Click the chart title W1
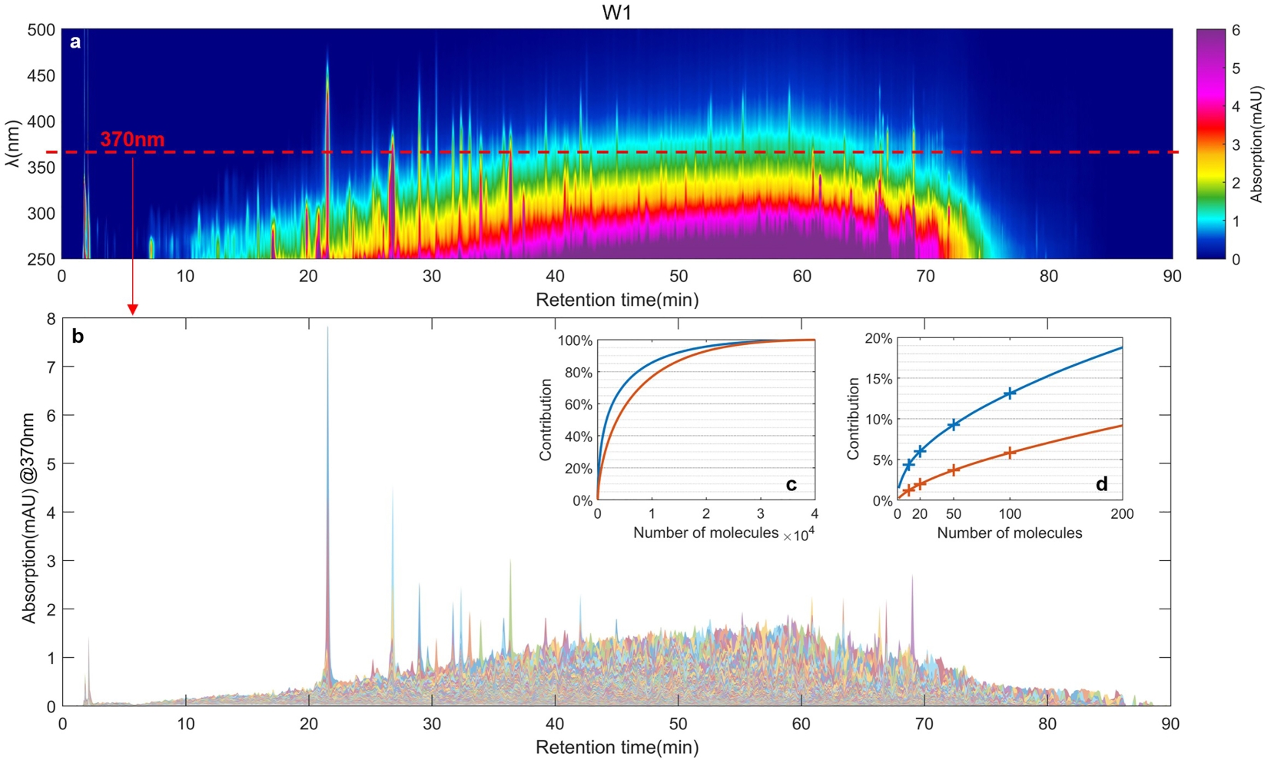pyautogui.click(x=617, y=13)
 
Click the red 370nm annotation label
pyautogui.click(x=132, y=139)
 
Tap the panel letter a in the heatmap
pyautogui.click(x=75, y=42)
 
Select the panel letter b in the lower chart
pyautogui.click(x=78, y=336)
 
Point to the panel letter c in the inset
pyautogui.click(x=791, y=484)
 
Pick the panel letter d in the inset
pyautogui.click(x=1101, y=484)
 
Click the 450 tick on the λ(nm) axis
pyautogui.click(x=41, y=75)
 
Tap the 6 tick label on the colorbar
pyautogui.click(x=1236, y=31)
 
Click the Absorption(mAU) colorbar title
pyautogui.click(x=1256, y=144)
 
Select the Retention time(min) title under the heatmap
pyautogui.click(x=617, y=300)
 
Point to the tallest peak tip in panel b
pyautogui.click(x=328, y=328)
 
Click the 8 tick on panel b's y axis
pyautogui.click(x=51, y=319)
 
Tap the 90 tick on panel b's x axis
pyautogui.click(x=1170, y=724)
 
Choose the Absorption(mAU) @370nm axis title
pyautogui.click(x=29, y=516)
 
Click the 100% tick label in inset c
pyautogui.click(x=576, y=340)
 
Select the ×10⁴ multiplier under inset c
pyautogui.click(x=798, y=535)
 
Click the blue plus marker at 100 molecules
pyautogui.click(x=1010, y=393)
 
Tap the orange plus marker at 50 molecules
pyautogui.click(x=954, y=470)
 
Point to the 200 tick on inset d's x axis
pyautogui.click(x=1122, y=514)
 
